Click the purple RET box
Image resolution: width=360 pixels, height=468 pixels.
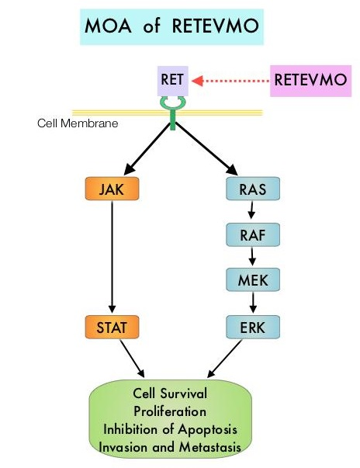[x=173, y=81]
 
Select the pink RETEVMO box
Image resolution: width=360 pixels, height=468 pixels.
[x=310, y=81]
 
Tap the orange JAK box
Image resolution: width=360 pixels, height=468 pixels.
[x=112, y=189]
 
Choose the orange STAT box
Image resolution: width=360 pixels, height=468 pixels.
[x=112, y=327]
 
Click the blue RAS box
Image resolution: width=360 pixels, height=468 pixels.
[x=253, y=189]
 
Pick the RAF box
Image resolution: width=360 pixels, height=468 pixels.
[x=253, y=235]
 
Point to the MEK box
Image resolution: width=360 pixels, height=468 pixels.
[x=253, y=279]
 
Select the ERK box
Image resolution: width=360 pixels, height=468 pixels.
[x=253, y=327]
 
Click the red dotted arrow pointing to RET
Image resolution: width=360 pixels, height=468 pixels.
[x=230, y=81]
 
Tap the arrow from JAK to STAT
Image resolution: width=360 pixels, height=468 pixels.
[x=112, y=257]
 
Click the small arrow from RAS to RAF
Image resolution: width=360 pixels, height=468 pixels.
[x=251, y=210]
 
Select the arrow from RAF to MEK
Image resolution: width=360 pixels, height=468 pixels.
[x=252, y=256]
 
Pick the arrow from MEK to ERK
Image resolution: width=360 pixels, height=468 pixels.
[x=253, y=302]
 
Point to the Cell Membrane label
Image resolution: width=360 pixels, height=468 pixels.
[x=78, y=123]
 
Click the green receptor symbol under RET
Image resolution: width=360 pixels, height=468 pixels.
[x=173, y=113]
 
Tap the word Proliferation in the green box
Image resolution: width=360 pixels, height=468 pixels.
[x=170, y=411]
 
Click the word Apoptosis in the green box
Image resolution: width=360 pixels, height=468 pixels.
[x=208, y=429]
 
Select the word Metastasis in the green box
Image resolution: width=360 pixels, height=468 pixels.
[x=210, y=447]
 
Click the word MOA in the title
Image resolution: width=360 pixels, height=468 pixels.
[x=108, y=26]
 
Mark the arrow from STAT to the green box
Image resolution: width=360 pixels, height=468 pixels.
[x=132, y=359]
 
